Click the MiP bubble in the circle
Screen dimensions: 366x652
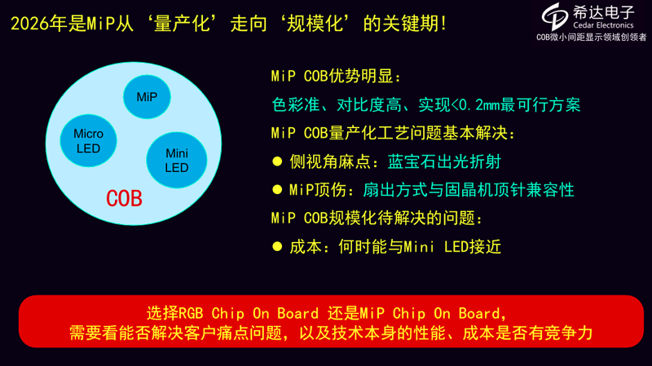click(x=147, y=97)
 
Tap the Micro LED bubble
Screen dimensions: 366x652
click(x=88, y=140)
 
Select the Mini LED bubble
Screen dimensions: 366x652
click(x=177, y=160)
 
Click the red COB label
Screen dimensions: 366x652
click(x=125, y=198)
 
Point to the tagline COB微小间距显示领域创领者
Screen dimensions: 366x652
click(x=591, y=37)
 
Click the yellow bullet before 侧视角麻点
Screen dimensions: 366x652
click(x=277, y=161)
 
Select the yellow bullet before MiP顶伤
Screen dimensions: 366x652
click(x=277, y=190)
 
